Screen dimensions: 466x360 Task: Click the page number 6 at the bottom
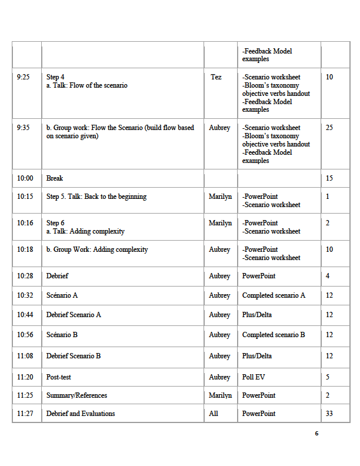coord(316,434)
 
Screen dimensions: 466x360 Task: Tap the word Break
coord(55,178)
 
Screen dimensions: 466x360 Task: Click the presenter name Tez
coord(216,77)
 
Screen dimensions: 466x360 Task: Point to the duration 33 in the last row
coord(329,414)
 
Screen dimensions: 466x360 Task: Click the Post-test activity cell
coord(59,377)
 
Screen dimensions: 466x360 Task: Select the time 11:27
coord(25,414)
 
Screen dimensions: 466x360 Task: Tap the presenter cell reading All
coord(214,414)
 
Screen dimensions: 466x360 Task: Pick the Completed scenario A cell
coord(274,295)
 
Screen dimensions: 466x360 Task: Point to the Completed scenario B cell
coord(274,335)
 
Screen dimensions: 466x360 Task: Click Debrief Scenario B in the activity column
coord(74,356)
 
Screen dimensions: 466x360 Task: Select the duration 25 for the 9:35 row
coord(329,128)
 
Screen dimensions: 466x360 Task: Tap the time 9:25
coord(24,77)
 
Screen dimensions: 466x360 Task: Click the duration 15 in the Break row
coord(329,178)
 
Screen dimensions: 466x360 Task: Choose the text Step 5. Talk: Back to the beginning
coord(96,197)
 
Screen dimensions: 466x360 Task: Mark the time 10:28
coord(25,276)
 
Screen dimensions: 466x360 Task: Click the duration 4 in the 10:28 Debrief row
coord(328,276)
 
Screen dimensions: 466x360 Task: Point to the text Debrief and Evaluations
coord(81,414)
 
